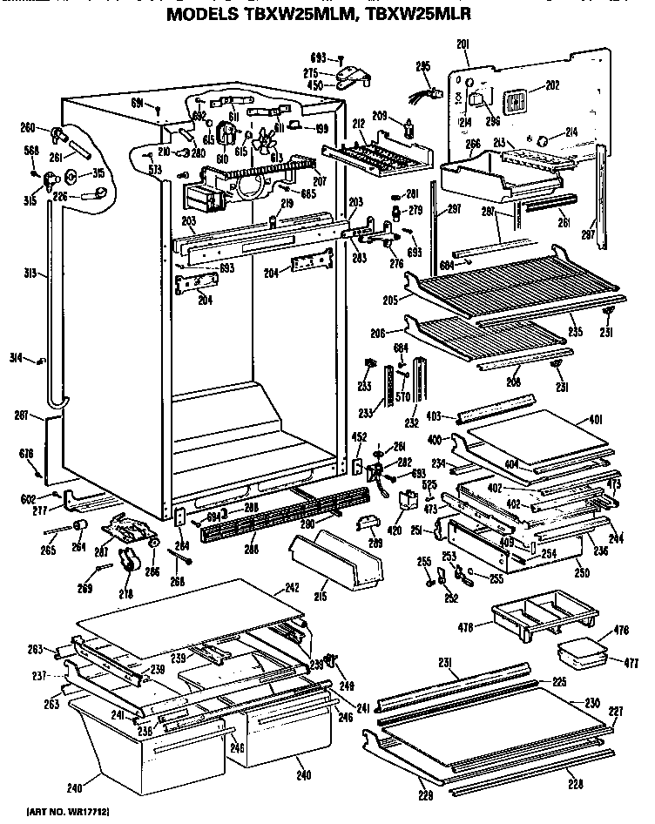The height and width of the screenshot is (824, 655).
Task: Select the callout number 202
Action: coord(552,85)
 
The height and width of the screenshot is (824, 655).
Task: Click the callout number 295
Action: coord(423,65)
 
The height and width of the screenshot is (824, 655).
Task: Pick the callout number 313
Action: coord(30,274)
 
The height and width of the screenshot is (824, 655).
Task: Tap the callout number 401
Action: coord(597,419)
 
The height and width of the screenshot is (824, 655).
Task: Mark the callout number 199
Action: coord(321,129)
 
